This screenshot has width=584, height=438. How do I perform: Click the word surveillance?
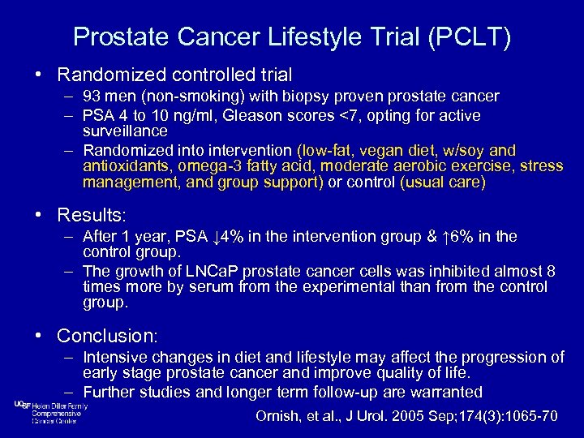125,130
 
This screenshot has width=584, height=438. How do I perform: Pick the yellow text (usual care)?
443,183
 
